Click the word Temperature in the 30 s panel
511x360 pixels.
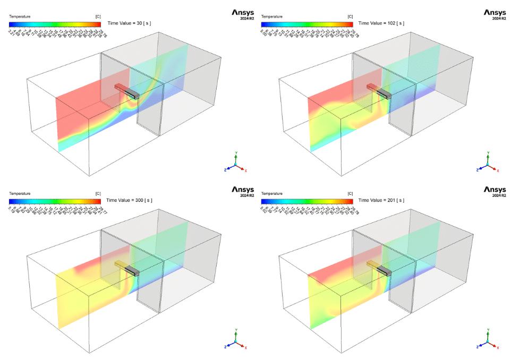pos(20,16)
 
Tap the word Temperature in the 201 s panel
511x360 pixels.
pos(272,194)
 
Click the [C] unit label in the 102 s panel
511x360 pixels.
pos(350,16)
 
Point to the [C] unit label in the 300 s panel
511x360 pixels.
pos(97,194)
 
